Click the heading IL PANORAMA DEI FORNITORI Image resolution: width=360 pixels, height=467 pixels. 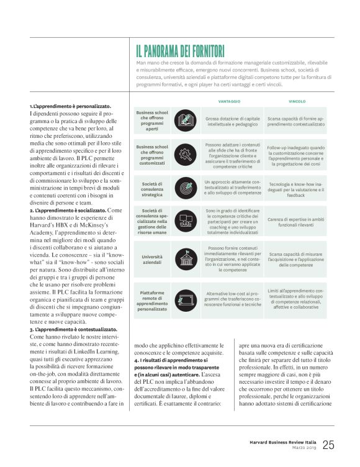[180, 51]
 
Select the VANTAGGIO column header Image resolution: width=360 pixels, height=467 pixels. [229, 101]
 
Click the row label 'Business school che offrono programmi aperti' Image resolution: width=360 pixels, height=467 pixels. [152, 120]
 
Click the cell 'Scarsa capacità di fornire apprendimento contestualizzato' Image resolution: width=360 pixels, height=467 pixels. [297, 120]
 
